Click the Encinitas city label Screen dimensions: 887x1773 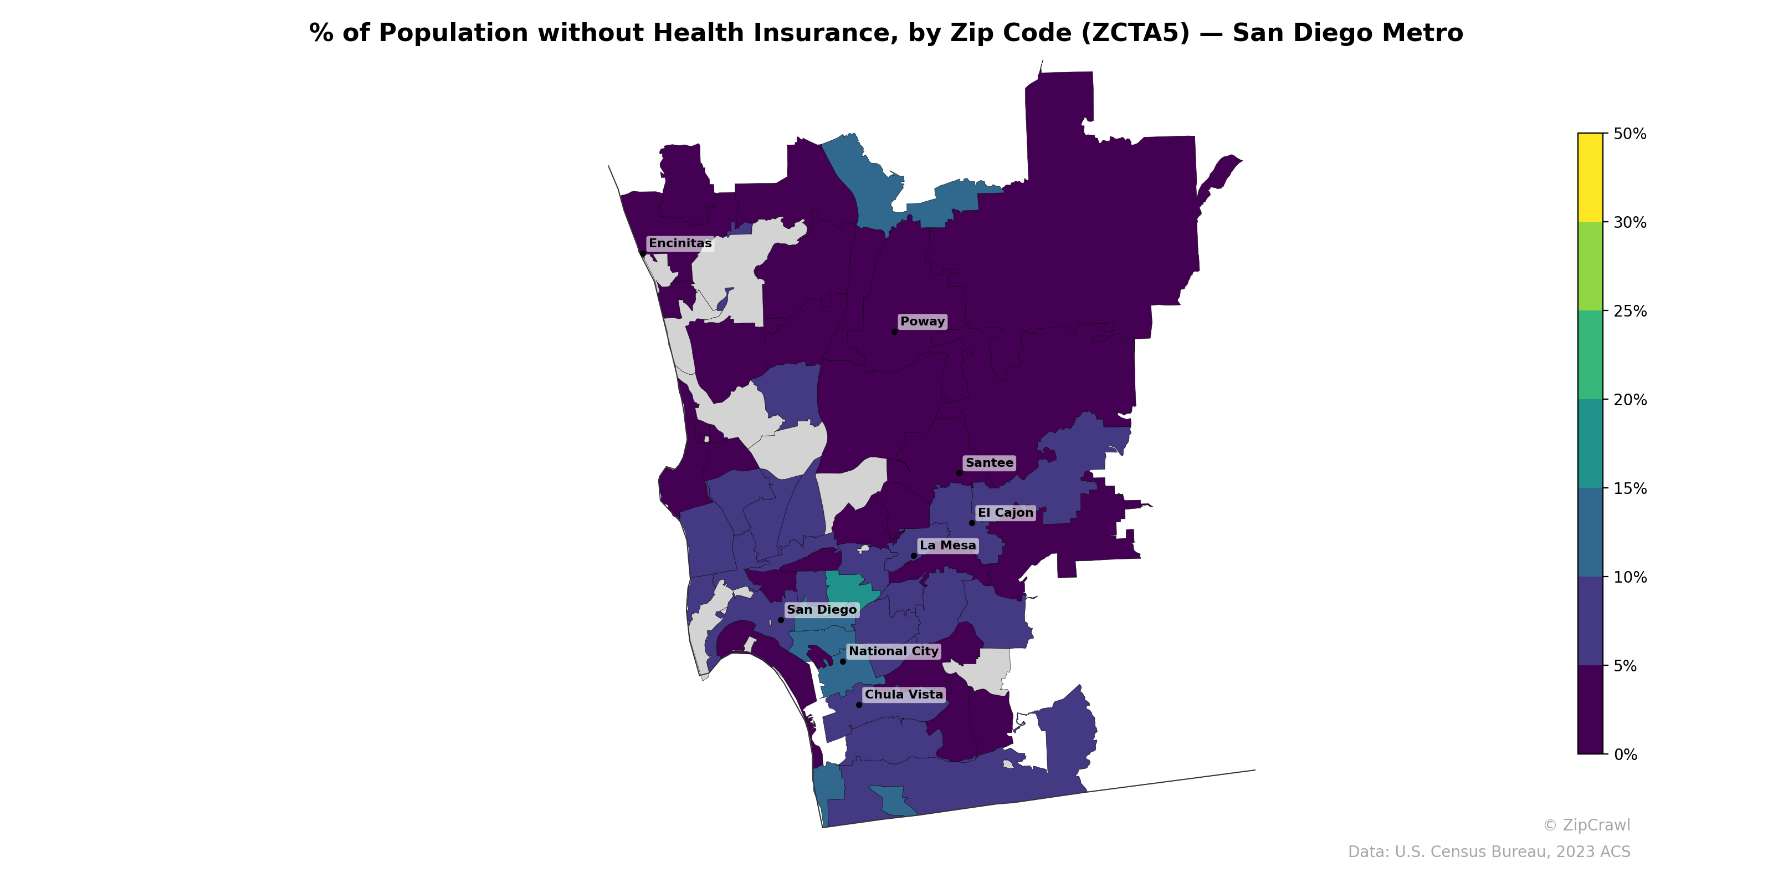[x=680, y=244]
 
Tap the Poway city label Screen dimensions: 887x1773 [x=923, y=322]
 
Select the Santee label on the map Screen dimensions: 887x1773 [x=989, y=463]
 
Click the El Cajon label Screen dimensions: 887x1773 [x=1006, y=513]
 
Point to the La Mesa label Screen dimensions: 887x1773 [x=948, y=546]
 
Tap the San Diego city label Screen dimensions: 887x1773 [x=821, y=610]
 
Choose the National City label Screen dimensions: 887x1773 [x=893, y=651]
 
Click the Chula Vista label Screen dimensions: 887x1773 [x=904, y=695]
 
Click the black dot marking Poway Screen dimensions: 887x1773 [x=894, y=332]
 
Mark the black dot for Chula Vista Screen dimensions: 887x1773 [x=859, y=705]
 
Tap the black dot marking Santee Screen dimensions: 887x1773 [x=960, y=473]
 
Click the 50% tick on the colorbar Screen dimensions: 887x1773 [x=1629, y=134]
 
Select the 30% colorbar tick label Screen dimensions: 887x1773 [x=1629, y=222]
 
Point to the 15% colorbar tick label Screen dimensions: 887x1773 [x=1629, y=489]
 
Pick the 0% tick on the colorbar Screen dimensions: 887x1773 [x=1625, y=755]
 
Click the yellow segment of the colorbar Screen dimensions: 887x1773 [x=1590, y=177]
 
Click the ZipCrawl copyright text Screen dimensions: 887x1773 [x=1586, y=825]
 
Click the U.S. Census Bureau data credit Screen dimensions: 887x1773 [x=1489, y=852]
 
